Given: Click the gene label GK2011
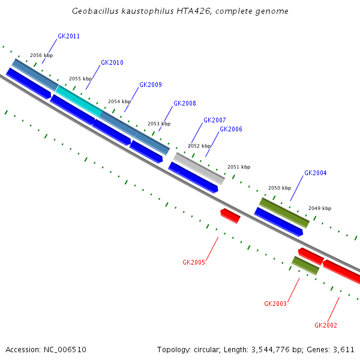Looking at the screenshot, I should [x=68, y=37].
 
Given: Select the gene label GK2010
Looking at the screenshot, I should [x=112, y=63].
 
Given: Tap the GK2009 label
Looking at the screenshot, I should [x=151, y=85].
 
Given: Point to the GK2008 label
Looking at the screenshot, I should [x=185, y=104].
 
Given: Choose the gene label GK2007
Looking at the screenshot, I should [x=215, y=121].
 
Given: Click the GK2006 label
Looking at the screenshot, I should [x=231, y=130].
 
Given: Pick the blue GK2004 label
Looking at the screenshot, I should [x=315, y=173].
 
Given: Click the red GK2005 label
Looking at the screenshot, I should [x=194, y=263].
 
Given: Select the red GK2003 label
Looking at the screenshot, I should [x=275, y=304].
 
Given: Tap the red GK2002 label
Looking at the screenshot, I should [x=326, y=326].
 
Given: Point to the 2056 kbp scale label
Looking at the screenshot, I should [x=41, y=56].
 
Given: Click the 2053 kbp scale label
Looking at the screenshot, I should [x=159, y=124].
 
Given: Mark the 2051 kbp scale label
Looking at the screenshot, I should [x=239, y=167].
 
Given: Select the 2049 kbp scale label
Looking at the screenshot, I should [x=320, y=209].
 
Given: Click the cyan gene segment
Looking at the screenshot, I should [x=79, y=101].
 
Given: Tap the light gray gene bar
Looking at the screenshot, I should [x=199, y=169].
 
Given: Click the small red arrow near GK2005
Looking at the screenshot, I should [x=230, y=215].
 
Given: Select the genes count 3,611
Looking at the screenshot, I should [x=344, y=350].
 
